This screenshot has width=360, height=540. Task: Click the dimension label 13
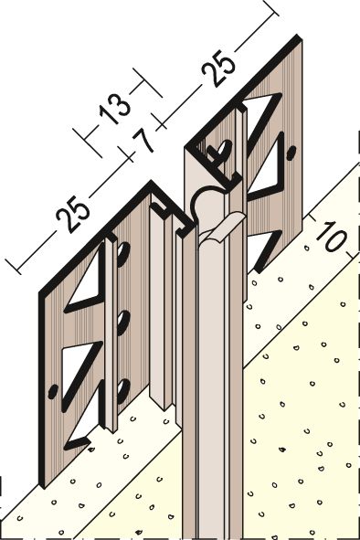[114, 109]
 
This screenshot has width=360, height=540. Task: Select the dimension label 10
[331, 236]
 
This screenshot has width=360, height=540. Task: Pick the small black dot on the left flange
[53, 392]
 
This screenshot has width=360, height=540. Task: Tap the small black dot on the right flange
[291, 153]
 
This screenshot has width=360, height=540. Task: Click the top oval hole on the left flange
[123, 254]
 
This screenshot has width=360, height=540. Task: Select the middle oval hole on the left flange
[123, 323]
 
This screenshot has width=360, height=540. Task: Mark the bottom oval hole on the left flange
[123, 391]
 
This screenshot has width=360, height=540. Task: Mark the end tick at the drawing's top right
[270, 7]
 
